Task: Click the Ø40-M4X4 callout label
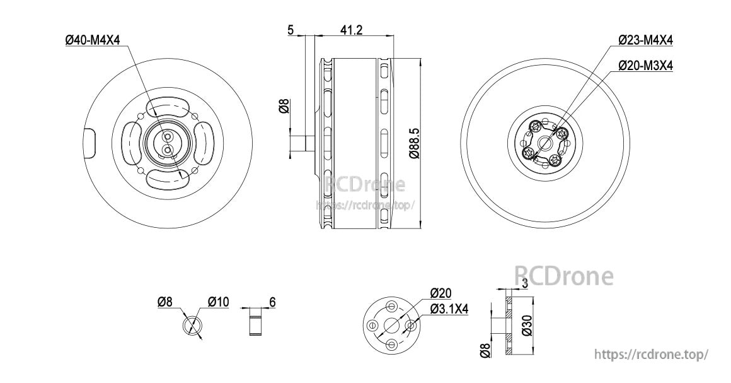(x=92, y=40)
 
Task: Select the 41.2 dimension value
(x=351, y=30)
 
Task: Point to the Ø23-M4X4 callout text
(x=646, y=40)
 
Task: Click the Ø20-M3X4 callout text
(x=646, y=66)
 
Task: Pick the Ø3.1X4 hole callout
(x=449, y=309)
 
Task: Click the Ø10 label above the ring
(x=218, y=302)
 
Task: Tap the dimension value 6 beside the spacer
(x=273, y=302)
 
